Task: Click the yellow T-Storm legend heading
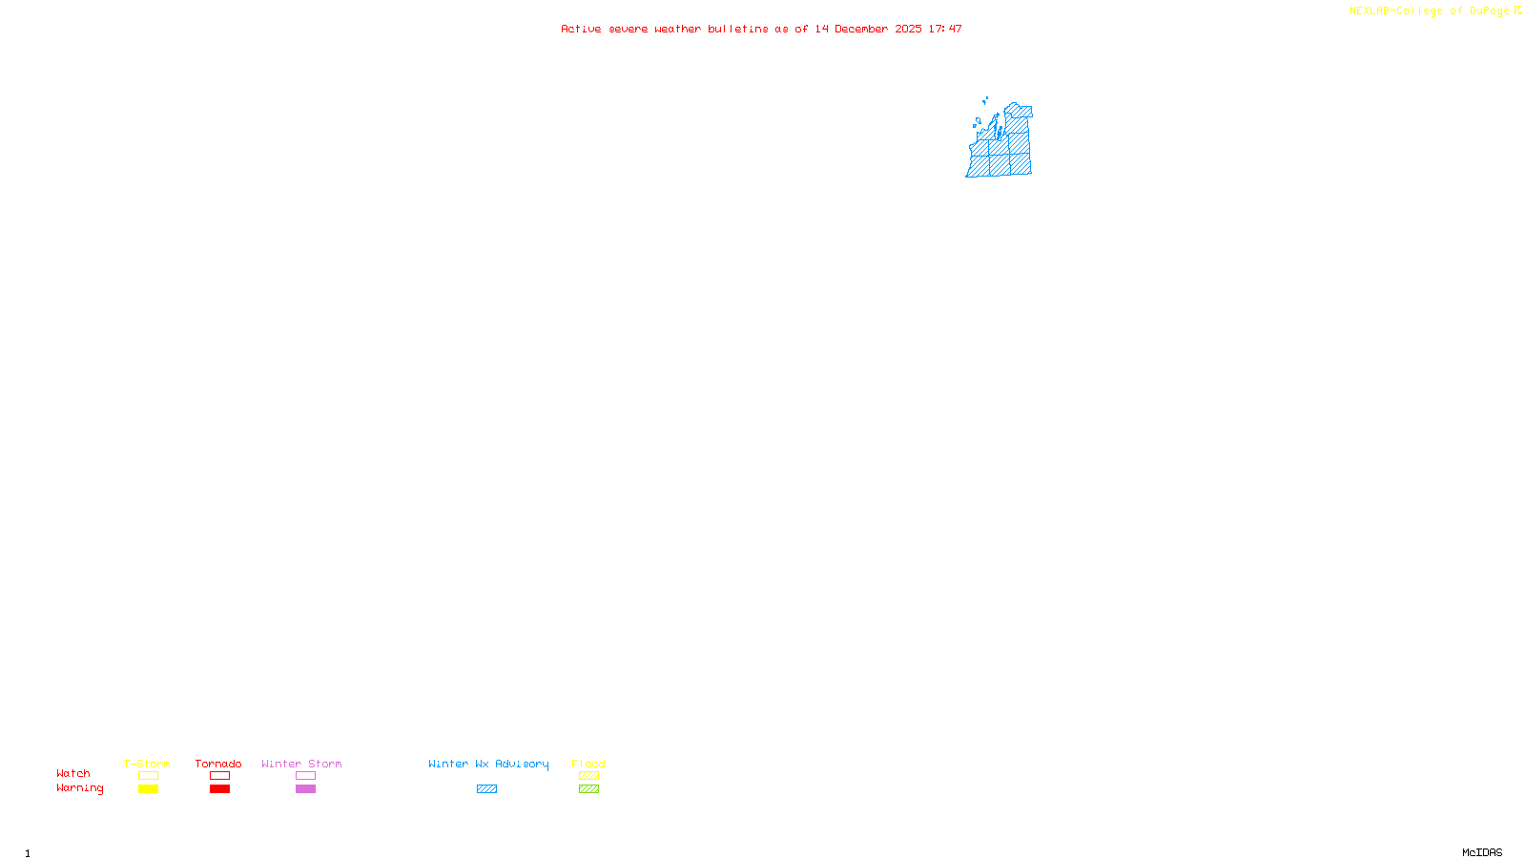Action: [x=147, y=764]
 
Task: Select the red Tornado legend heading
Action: [x=218, y=764]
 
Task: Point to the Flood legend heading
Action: [x=588, y=764]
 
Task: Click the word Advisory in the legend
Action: [x=522, y=764]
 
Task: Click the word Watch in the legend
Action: [x=73, y=773]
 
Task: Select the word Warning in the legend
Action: [x=79, y=788]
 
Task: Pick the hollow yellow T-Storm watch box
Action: [x=148, y=776]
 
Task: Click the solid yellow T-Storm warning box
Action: [x=148, y=789]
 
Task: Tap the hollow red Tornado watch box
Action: [x=219, y=776]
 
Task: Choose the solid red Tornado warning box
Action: [x=219, y=789]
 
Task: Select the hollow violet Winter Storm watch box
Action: [x=305, y=776]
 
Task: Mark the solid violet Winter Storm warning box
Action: [x=305, y=789]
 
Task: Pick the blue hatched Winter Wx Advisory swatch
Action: [x=486, y=789]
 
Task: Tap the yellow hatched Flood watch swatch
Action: [x=588, y=776]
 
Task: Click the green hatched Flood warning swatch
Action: [x=588, y=789]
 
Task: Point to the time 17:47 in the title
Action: [x=945, y=29]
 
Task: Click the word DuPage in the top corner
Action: [x=1489, y=11]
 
